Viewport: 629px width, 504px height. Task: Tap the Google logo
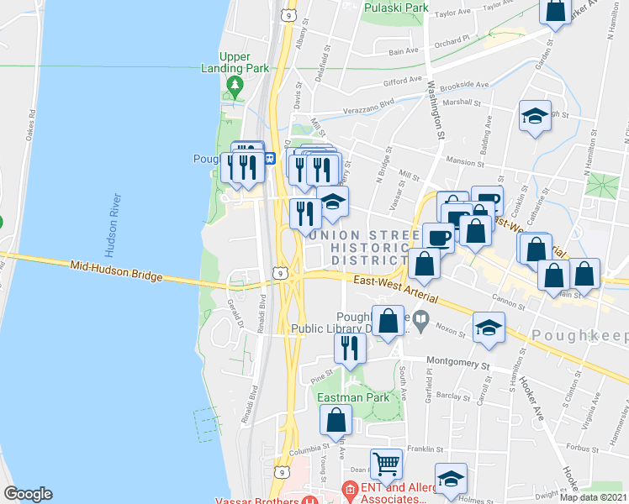(28, 494)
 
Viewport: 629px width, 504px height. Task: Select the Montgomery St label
(457, 365)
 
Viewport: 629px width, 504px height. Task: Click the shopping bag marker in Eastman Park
(336, 421)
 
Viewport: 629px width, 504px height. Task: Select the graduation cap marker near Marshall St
(534, 117)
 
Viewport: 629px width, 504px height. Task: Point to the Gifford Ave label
(400, 82)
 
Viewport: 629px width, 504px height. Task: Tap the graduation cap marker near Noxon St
(489, 328)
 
